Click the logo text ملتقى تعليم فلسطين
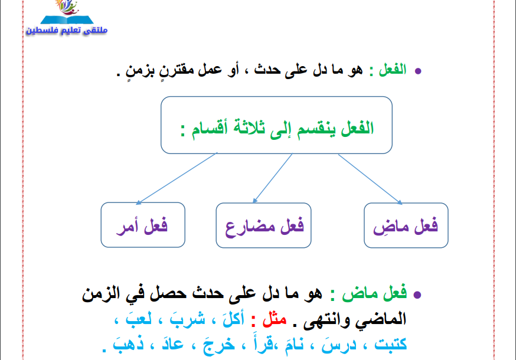pyautogui.click(x=67, y=31)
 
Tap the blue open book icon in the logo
pyautogui.click(x=67, y=19)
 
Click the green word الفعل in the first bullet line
pyautogui.click(x=393, y=70)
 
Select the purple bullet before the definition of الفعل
pyautogui.click(x=418, y=71)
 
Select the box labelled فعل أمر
pyautogui.click(x=143, y=225)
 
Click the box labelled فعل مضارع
pyautogui.click(x=263, y=225)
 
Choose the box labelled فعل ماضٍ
pyautogui.click(x=406, y=225)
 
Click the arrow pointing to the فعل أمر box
pyautogui.click(x=177, y=178)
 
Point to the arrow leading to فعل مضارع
pyautogui.click(x=273, y=178)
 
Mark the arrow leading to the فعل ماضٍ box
pyautogui.click(x=371, y=179)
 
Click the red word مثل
pyautogui.click(x=275, y=319)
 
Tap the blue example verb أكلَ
pyautogui.click(x=234, y=319)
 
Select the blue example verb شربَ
pyautogui.click(x=187, y=319)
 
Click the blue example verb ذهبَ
pyautogui.click(x=128, y=344)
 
